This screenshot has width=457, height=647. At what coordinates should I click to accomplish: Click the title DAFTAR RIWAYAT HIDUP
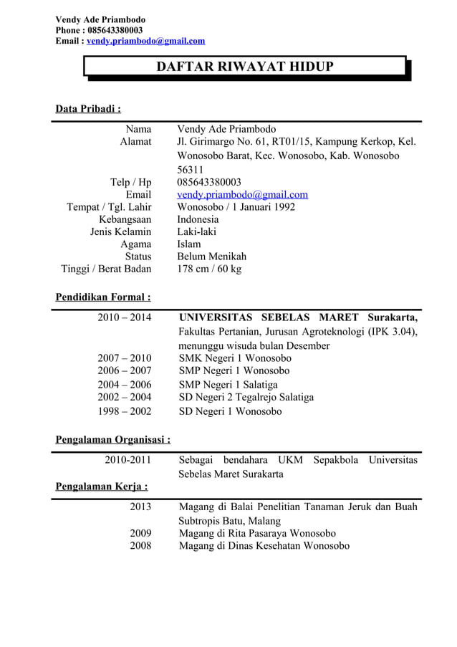[x=245, y=67]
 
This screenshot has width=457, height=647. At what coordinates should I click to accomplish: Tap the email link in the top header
[x=145, y=41]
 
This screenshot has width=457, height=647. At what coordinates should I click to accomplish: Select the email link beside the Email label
[x=242, y=194]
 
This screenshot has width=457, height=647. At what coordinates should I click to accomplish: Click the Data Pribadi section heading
[x=88, y=109]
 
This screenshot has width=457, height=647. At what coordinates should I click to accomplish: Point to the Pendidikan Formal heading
[x=103, y=297]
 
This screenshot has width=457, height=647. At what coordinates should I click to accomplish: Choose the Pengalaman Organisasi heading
[x=112, y=439]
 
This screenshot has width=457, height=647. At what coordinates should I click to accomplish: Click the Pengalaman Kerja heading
[x=102, y=487]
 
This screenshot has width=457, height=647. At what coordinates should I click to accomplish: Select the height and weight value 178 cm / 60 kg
[x=209, y=269]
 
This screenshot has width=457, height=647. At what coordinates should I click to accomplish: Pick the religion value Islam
[x=189, y=244]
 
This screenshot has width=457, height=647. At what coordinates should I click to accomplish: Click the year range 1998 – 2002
[x=124, y=411]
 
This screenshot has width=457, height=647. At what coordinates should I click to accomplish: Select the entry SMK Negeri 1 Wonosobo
[x=235, y=358]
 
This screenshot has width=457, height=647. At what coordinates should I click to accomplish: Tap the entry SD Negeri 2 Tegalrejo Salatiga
[x=246, y=397]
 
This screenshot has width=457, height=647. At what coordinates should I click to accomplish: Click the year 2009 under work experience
[x=140, y=533]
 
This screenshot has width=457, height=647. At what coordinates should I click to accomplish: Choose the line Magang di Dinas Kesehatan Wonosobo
[x=264, y=546]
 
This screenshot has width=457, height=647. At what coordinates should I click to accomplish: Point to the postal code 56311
[x=191, y=170]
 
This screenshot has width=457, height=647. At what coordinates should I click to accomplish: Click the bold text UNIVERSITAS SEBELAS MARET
[x=269, y=317]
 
